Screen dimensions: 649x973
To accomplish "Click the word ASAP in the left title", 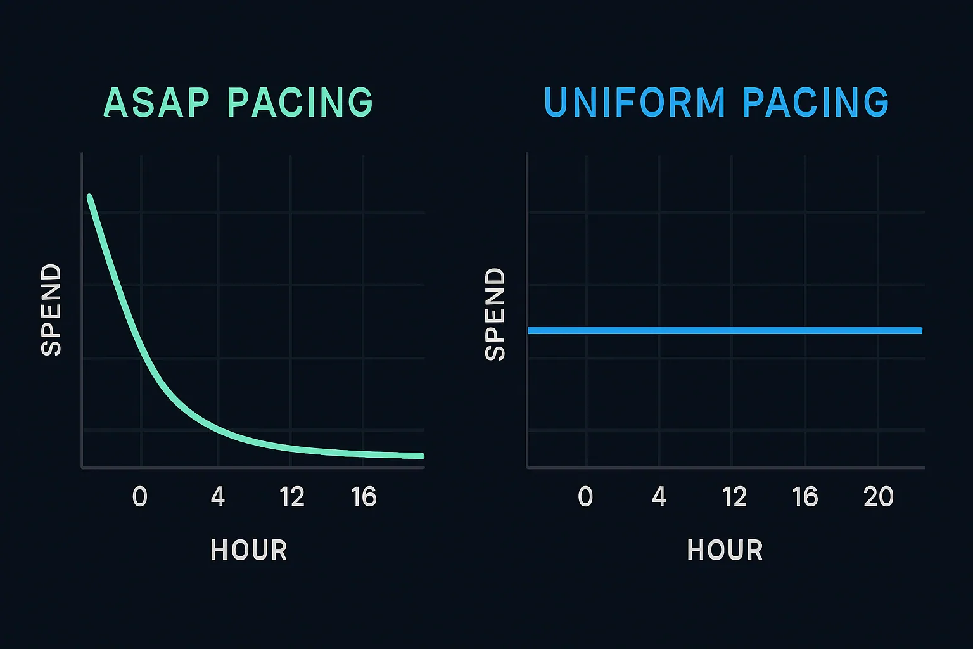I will [x=156, y=103].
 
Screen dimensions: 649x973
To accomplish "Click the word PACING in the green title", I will [x=300, y=103].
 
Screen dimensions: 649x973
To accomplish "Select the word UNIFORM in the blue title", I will [x=635, y=103].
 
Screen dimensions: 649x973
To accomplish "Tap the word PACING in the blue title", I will [x=816, y=103].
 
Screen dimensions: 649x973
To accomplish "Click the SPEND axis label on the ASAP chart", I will [x=51, y=310].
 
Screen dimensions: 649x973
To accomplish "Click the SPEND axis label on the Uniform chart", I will [x=495, y=314].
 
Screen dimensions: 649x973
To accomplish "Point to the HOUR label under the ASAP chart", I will [x=249, y=550].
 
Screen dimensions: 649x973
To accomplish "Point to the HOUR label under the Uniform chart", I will [x=725, y=550].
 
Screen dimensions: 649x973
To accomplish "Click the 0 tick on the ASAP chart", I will [x=140, y=497].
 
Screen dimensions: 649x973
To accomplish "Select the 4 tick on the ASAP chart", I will [x=218, y=497].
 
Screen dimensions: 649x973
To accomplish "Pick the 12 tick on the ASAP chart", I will [x=291, y=497].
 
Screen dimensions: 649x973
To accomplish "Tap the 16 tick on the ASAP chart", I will [x=364, y=497].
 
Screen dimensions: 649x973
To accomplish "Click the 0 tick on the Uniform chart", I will [x=586, y=497].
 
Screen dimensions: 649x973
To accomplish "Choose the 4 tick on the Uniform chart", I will [x=659, y=497].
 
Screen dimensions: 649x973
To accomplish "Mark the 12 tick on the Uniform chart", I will [x=734, y=497].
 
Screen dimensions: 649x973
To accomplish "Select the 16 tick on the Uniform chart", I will [x=805, y=497].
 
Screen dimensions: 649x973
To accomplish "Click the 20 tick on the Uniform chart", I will [x=879, y=497].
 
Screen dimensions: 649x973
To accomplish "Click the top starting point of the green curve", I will [x=89, y=197].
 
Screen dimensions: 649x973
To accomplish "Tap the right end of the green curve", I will [x=421, y=456].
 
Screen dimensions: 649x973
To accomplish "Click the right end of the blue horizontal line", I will [x=920, y=330].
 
